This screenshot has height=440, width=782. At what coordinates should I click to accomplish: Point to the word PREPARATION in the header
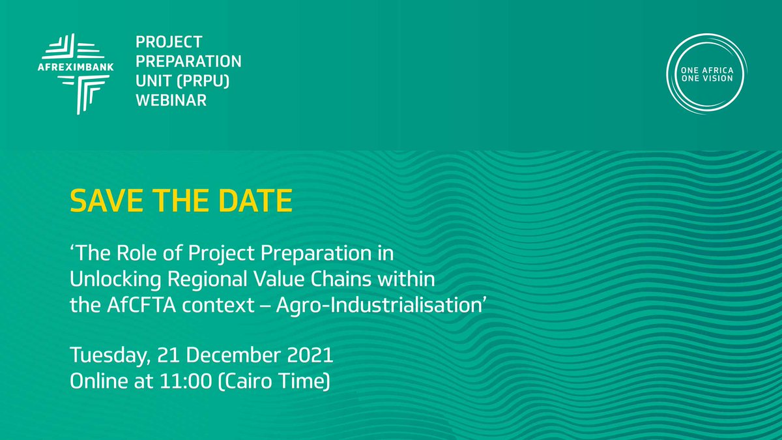(188, 62)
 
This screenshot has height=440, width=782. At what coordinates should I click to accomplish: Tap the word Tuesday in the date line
(106, 357)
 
